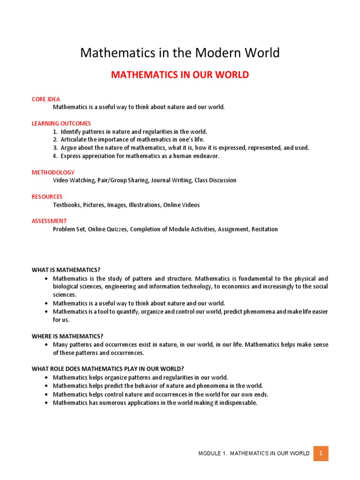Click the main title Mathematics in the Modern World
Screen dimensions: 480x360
pyautogui.click(x=180, y=53)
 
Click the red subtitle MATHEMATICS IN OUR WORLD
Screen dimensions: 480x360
pyautogui.click(x=180, y=75)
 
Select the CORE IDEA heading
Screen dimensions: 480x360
pyautogui.click(x=46, y=99)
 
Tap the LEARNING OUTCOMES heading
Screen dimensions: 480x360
pyautogui.click(x=61, y=124)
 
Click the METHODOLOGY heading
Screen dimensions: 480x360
pyautogui.click(x=53, y=172)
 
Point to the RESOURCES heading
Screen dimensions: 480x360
pyautogui.click(x=47, y=197)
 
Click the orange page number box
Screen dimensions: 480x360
pyautogui.click(x=321, y=453)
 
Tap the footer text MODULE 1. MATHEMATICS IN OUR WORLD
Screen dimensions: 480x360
pyautogui.click(x=254, y=453)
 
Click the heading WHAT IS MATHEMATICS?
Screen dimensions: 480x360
pyautogui.click(x=66, y=270)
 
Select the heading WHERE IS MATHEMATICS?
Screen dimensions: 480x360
pyautogui.click(x=67, y=336)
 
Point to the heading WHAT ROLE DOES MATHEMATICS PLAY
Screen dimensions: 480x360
pyautogui.click(x=105, y=369)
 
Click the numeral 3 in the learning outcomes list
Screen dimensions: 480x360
pyautogui.click(x=55, y=148)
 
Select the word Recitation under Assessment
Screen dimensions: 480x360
pyautogui.click(x=264, y=229)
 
